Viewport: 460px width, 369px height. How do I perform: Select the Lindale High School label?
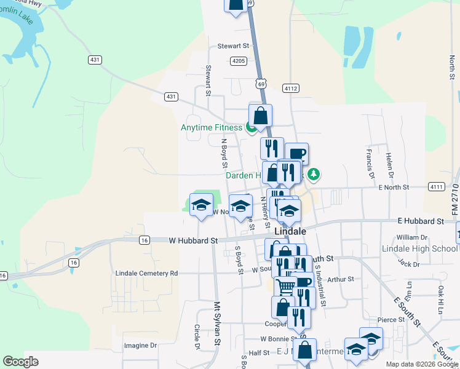(420, 248)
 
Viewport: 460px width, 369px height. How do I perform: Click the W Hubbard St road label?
(194, 240)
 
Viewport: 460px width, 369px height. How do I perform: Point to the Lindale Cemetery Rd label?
(146, 272)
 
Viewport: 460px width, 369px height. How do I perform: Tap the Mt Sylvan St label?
(217, 322)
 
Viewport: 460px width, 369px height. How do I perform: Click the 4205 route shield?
(239, 61)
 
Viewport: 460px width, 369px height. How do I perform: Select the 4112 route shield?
(291, 89)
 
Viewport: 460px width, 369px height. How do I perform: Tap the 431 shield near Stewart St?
(171, 97)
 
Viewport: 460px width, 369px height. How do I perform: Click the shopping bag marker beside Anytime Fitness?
(261, 115)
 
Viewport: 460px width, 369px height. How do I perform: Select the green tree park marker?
(314, 175)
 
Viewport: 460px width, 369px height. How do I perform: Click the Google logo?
(20, 362)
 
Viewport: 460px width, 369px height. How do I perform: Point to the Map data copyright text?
(421, 364)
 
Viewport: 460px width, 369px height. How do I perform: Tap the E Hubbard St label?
(421, 221)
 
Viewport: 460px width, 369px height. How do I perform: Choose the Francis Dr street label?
(370, 160)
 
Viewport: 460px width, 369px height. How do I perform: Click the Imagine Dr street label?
(141, 346)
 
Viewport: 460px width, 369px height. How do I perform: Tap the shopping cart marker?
(285, 287)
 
